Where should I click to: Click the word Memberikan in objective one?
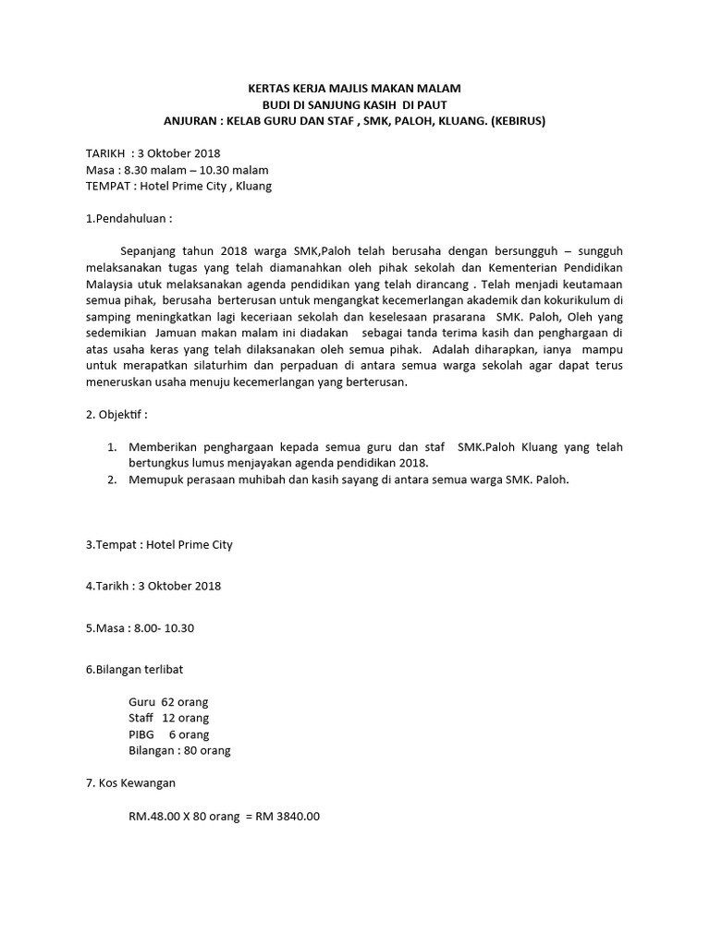pyautogui.click(x=162, y=447)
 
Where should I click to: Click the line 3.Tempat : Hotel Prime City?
pyautogui.click(x=159, y=544)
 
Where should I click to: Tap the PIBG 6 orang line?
pyautogui.click(x=168, y=734)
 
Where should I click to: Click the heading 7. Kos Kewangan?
pyautogui.click(x=130, y=783)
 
